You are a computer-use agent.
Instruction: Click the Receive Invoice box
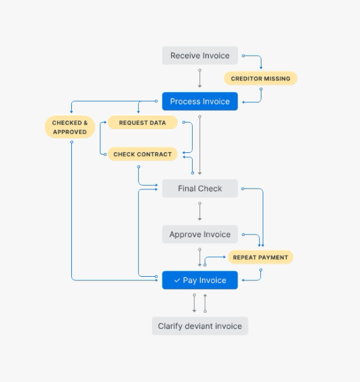[200, 56]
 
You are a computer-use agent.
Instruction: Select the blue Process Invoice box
[200, 102]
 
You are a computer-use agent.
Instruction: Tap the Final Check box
[200, 188]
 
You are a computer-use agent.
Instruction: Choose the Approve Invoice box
[200, 235]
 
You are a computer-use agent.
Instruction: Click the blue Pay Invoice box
[200, 280]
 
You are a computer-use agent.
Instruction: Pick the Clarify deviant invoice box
[200, 326]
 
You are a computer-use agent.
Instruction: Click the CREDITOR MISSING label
[261, 79]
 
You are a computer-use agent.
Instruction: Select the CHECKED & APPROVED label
[70, 127]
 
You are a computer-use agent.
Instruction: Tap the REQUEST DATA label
[143, 123]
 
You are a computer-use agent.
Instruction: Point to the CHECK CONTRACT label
[143, 154]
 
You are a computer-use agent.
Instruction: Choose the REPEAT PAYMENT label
[261, 258]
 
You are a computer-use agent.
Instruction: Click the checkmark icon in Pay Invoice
[177, 280]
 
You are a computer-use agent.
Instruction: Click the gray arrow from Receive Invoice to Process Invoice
[200, 79]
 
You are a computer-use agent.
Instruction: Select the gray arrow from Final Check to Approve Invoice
[200, 212]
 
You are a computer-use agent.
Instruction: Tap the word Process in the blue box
[185, 102]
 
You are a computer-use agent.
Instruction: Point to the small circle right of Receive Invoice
[244, 56]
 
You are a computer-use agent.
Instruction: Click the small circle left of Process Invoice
[156, 101]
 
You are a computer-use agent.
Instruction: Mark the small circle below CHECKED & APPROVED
[72, 142]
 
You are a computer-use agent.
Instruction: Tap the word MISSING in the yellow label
[277, 79]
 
